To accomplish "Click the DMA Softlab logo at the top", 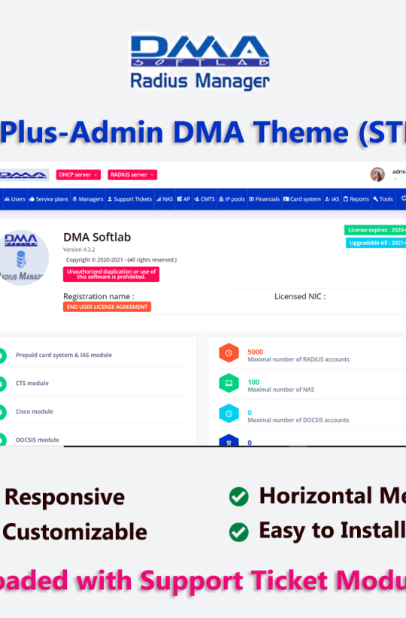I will (200, 52).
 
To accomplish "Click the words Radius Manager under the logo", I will (200, 80).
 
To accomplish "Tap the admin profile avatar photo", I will (377, 174).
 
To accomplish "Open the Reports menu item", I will (356, 199).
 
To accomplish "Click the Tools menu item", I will (383, 199).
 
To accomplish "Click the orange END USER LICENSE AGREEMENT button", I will (107, 307).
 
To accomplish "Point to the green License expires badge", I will (375, 230).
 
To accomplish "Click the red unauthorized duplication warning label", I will (111, 274).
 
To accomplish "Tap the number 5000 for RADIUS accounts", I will (255, 352).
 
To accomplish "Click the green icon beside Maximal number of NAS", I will (228, 383).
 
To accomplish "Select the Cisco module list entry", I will (34, 412).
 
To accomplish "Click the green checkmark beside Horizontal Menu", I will (239, 497).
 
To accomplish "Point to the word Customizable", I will (74, 532).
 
